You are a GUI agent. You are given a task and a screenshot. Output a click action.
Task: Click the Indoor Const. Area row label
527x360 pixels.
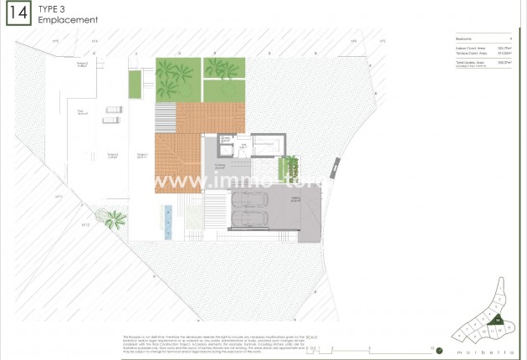pyautogui.click(x=462, y=49)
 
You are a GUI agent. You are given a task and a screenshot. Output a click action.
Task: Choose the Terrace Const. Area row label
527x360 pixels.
pyautogui.click(x=463, y=54)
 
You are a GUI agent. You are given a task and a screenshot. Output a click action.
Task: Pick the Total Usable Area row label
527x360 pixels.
pyautogui.click(x=461, y=61)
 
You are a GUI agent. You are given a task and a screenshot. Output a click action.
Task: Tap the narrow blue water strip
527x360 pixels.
pyautogui.click(x=168, y=222)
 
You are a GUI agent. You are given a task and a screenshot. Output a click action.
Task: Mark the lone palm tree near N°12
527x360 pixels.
pyautogui.click(x=115, y=219)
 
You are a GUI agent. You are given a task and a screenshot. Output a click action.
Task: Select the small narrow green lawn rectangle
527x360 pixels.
pyautogui.click(x=134, y=85)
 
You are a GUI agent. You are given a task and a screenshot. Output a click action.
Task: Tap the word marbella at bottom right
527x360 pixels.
pyautogui.click(x=484, y=351)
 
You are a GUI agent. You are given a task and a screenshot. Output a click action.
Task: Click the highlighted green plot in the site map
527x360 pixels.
pyautogui.click(x=496, y=319)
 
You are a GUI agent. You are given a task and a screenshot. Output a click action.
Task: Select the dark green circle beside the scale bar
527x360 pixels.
pyautogui.click(x=439, y=349)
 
